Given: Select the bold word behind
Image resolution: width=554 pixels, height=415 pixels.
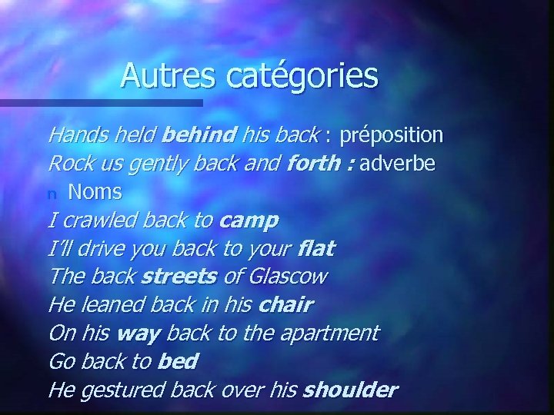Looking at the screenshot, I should [x=199, y=136].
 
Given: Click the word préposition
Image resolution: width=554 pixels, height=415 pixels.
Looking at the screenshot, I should [x=392, y=136].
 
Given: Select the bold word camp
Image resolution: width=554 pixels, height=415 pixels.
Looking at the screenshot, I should [x=249, y=221].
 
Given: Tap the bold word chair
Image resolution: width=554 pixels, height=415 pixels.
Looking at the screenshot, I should [x=285, y=304].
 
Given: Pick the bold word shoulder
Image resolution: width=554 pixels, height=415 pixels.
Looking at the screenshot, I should [x=350, y=390].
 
